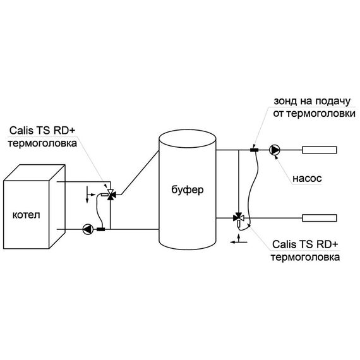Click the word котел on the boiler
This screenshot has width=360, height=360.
26,215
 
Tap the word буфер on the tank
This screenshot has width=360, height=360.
188,189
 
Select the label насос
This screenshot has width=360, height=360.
307,178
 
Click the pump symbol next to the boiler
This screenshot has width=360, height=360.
88,229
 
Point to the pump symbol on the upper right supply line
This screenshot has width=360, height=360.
275,150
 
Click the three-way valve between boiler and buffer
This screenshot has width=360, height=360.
111,195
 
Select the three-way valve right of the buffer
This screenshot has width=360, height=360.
238,218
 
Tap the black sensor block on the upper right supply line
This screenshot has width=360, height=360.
254,150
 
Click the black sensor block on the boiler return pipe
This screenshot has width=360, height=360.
101,229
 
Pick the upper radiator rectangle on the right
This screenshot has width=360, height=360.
320,150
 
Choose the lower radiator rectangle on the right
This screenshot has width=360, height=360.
320,218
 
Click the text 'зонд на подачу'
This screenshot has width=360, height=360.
312,101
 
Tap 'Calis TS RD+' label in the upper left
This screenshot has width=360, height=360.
42,131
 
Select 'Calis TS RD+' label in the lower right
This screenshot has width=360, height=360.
305,244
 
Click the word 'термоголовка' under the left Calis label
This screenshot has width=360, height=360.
42,143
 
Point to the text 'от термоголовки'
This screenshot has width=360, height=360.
314,114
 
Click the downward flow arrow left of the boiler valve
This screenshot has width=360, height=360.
87,195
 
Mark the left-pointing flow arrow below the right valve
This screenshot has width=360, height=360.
239,242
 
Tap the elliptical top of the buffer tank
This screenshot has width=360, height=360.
188,139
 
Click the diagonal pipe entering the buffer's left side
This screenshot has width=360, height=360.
140,172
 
